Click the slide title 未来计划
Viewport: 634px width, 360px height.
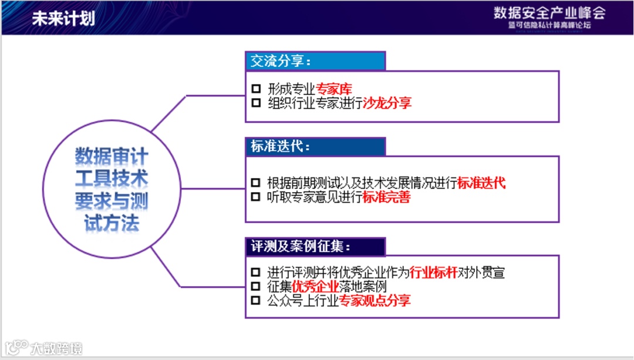pos(63,18)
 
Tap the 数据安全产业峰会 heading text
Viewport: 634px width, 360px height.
pos(549,13)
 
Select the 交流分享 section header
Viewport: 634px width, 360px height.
pos(281,61)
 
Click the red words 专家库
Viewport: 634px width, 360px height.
pos(334,89)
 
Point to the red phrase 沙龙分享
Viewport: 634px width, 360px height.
pos(387,103)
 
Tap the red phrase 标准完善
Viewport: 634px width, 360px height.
pos(386,197)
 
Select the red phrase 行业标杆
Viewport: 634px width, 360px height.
pos(433,272)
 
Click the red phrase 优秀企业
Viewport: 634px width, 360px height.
pos(315,287)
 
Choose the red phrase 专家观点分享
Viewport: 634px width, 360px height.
pos(375,301)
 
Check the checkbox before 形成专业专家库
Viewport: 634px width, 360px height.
pos(255,89)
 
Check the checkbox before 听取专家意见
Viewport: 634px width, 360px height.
pos(255,197)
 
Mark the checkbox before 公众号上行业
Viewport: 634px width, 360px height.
pos(255,301)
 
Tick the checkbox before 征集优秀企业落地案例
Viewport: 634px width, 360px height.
pos(255,287)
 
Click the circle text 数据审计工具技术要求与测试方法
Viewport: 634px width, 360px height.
pos(112,190)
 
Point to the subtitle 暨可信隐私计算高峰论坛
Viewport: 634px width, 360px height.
pos(549,26)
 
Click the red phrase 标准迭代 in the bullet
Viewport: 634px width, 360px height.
pos(481,183)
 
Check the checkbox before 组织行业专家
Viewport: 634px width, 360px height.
pos(255,103)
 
